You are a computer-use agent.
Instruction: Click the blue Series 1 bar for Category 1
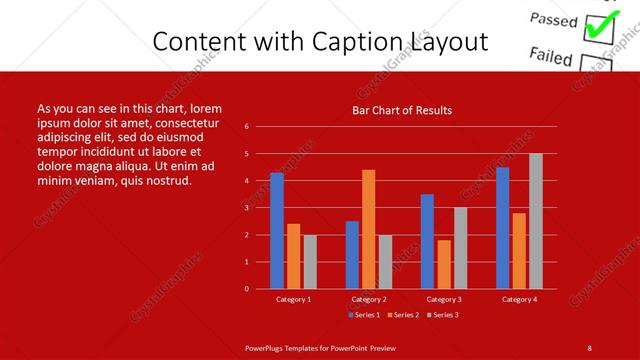277,230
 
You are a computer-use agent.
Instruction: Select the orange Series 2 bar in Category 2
368,229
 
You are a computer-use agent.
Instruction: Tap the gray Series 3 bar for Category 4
535,221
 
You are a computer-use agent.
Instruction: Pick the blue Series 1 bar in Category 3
427,241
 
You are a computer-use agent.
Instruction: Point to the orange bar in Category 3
443,264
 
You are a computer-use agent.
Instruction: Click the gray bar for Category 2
385,261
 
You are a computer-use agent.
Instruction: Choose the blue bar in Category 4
502,227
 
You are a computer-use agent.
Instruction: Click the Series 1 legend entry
364,315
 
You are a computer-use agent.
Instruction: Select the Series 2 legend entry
403,315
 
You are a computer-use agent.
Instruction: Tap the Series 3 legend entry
442,315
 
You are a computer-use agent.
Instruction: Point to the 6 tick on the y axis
246,127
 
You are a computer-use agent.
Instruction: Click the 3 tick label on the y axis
246,208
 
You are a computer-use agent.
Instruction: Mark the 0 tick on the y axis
246,289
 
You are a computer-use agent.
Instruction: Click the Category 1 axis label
293,299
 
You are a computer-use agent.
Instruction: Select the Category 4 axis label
519,299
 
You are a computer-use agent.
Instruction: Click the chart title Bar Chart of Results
402,110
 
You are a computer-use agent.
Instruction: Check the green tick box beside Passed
598,27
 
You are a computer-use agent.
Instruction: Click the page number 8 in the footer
589,347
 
